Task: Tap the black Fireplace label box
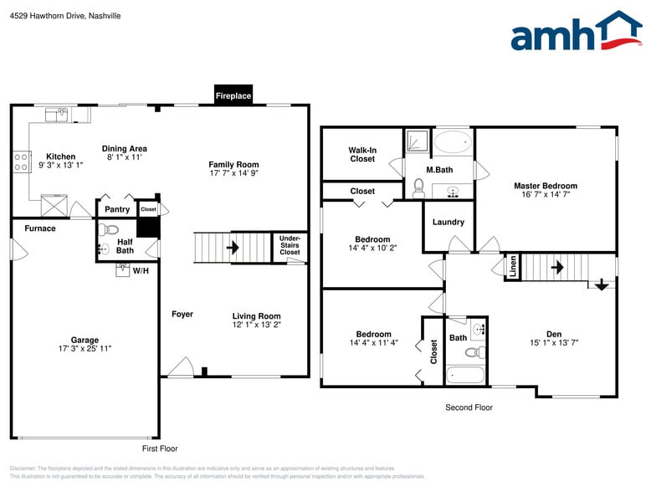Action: [233, 95]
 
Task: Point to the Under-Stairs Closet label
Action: [290, 245]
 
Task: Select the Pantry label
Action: [116, 209]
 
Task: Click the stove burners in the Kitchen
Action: [22, 161]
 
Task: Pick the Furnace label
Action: [40, 228]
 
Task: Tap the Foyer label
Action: [182, 315]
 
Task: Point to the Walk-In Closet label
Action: [362, 154]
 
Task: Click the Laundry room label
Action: [448, 222]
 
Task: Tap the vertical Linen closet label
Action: [513, 266]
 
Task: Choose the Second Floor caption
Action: [469, 407]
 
